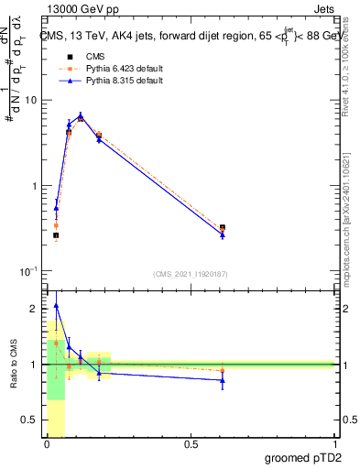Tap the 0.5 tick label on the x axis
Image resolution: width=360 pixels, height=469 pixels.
[x=190, y=444]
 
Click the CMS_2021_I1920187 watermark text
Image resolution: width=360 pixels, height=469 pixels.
[x=189, y=274]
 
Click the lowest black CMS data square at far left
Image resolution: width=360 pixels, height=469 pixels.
[x=56, y=235]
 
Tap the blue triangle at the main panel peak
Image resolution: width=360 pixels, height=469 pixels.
[x=81, y=115]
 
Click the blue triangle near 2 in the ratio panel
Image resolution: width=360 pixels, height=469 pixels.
[x=56, y=306]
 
